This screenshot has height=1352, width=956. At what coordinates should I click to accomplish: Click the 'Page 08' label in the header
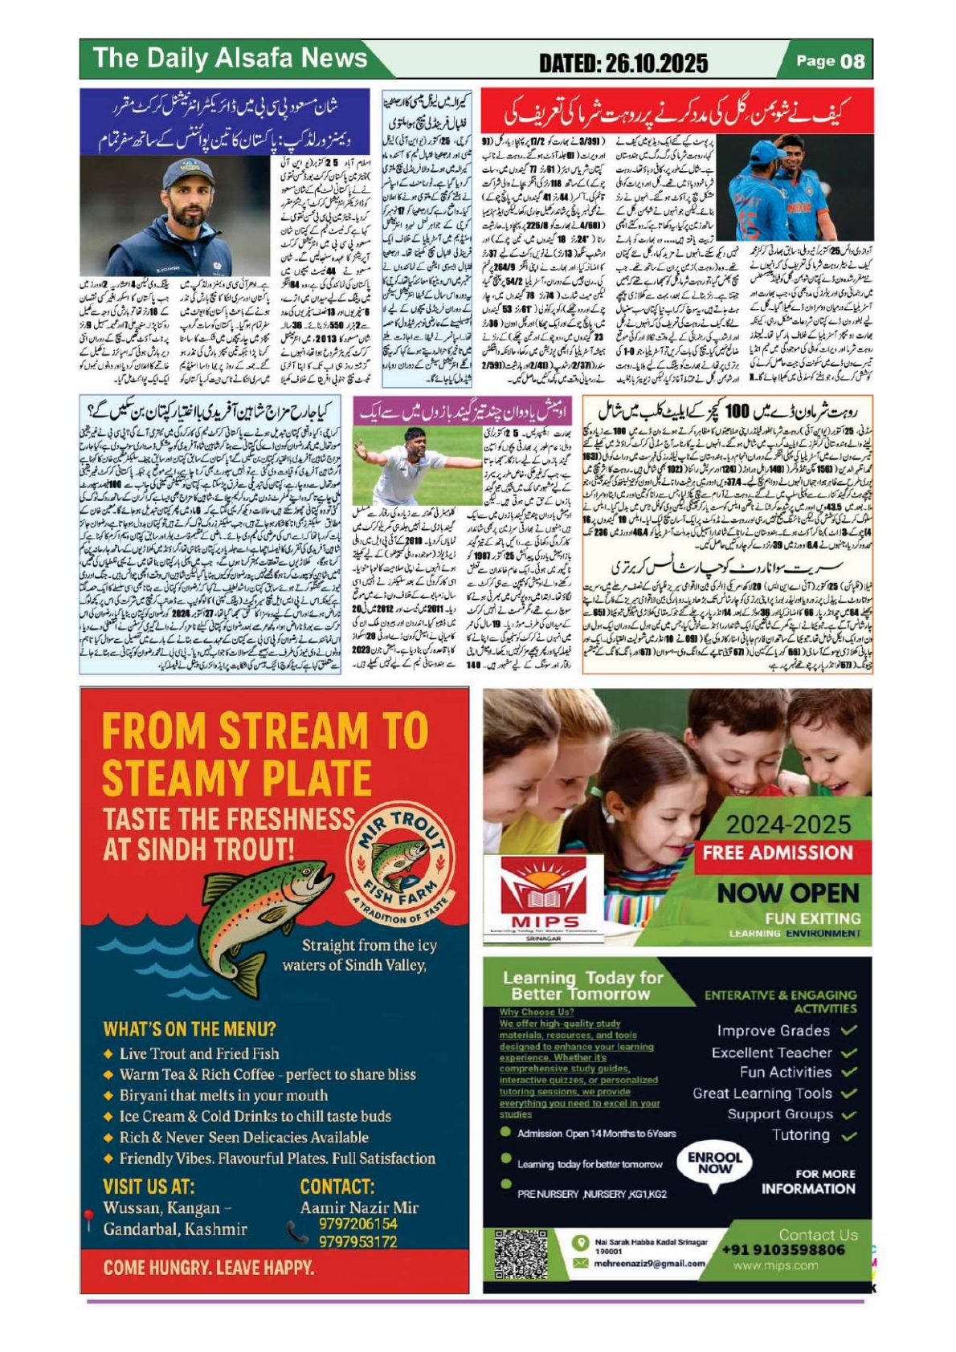(x=830, y=61)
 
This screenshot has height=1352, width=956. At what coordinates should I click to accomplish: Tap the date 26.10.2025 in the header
(x=623, y=63)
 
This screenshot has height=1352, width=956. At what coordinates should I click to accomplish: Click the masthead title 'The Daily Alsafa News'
(x=230, y=58)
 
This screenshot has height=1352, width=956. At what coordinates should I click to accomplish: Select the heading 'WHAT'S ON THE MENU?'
(x=190, y=1028)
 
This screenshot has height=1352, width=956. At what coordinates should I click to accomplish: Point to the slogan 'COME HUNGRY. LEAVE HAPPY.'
(x=208, y=1268)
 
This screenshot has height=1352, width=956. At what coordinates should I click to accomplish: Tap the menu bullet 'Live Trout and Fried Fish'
(x=199, y=1053)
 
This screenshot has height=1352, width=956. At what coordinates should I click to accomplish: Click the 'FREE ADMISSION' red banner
(x=777, y=853)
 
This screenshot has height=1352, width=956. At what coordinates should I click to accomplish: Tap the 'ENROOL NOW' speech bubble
(x=714, y=1163)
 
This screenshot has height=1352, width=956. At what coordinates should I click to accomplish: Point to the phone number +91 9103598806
(x=783, y=1250)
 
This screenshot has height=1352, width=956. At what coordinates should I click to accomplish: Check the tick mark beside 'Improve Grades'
(x=849, y=1030)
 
